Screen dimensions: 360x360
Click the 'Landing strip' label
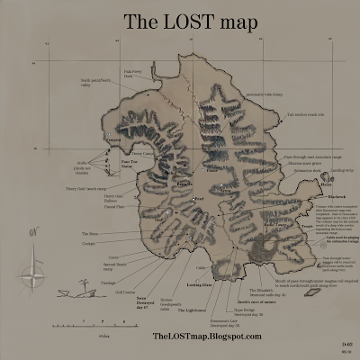[x=341, y=168]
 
